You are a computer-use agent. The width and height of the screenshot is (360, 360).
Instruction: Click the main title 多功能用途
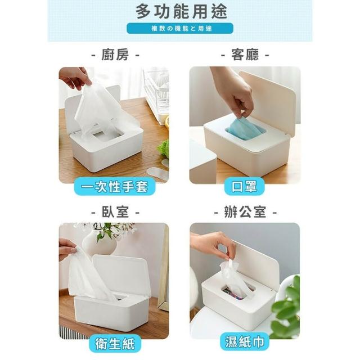[x=181, y=11]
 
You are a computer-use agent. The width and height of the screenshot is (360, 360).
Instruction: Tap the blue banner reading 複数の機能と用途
[x=180, y=29]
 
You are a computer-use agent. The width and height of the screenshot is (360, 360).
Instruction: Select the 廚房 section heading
[x=115, y=55]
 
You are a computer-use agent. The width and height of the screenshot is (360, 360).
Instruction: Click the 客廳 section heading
[x=245, y=55]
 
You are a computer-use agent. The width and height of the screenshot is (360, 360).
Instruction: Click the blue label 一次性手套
[x=115, y=186]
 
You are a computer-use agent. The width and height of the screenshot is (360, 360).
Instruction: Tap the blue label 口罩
[x=244, y=186]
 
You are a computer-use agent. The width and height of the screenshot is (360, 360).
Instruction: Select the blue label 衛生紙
[x=115, y=344]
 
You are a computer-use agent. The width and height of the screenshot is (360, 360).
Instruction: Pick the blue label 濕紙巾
[x=244, y=342]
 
